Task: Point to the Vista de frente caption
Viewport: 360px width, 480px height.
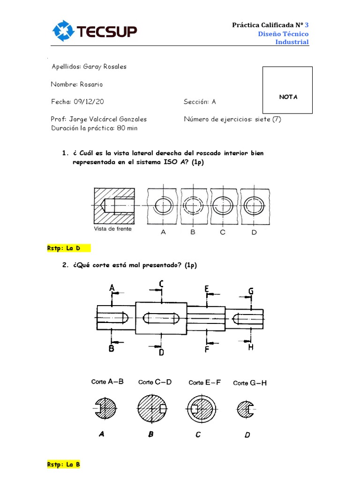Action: click(x=113, y=229)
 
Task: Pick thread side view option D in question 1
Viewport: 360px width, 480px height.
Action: click(x=253, y=205)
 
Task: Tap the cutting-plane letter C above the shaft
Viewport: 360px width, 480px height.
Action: click(x=161, y=283)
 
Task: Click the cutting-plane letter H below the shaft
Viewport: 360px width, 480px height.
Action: click(x=251, y=347)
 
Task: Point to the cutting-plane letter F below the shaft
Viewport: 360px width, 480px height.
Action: click(x=207, y=349)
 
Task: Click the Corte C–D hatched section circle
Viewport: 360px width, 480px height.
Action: click(x=152, y=409)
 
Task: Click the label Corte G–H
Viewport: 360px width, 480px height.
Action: click(x=250, y=383)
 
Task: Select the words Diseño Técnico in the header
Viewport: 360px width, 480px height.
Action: click(x=283, y=34)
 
